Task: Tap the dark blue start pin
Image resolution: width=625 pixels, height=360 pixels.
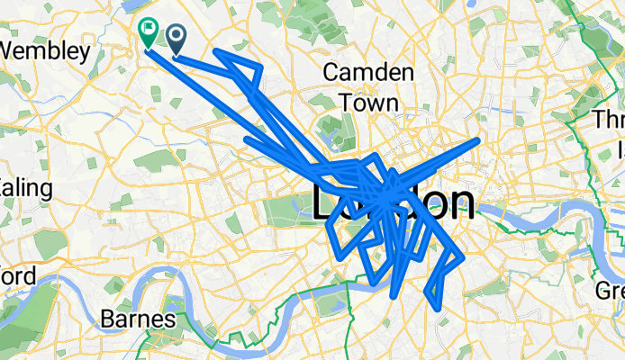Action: click(x=176, y=37)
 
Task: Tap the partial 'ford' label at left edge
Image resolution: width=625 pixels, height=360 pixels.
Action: click(x=16, y=275)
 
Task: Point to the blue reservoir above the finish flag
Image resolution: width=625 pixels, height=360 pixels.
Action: click(x=145, y=7)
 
